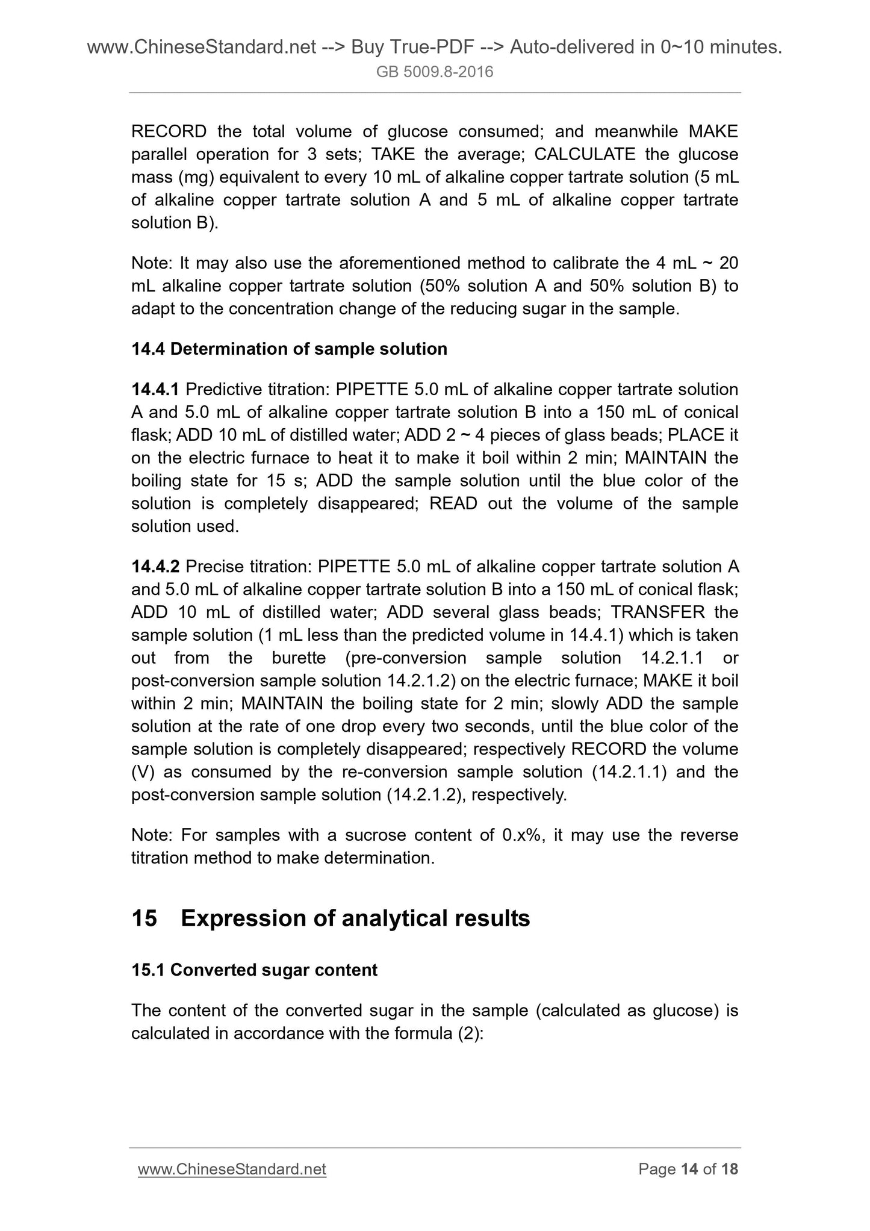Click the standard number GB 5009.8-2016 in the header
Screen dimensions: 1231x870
pos(435,72)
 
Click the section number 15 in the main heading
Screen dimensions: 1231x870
pos(144,918)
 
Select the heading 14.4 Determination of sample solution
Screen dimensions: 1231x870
pos(289,349)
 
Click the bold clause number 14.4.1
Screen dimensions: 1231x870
pos(155,390)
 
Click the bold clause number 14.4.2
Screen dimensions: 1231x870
pos(155,567)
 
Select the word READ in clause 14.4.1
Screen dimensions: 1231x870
pos(453,503)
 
